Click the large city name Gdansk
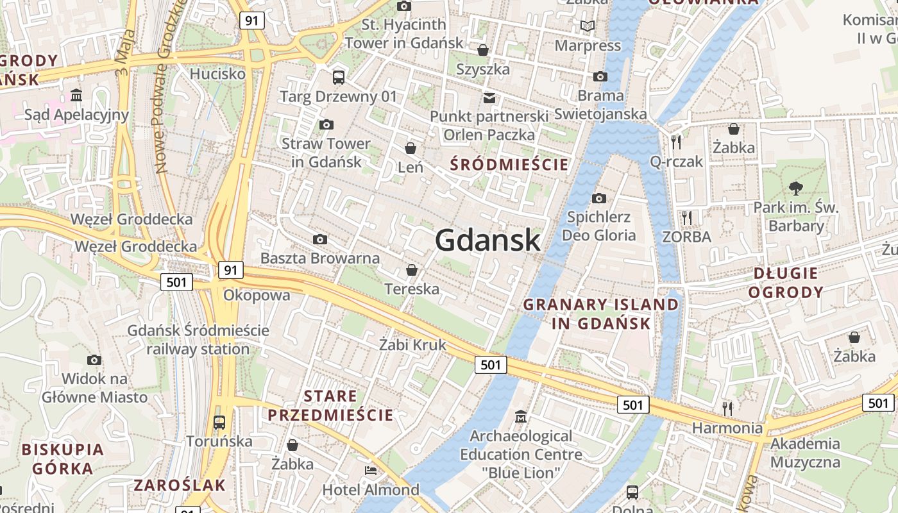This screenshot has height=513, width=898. [487, 240]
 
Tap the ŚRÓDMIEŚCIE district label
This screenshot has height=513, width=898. [509, 165]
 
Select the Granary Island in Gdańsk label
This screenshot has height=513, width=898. [601, 314]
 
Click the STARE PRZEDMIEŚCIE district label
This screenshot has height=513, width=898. [330, 405]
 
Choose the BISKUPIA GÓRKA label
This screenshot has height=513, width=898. [63, 458]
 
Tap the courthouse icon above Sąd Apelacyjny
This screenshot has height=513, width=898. [76, 96]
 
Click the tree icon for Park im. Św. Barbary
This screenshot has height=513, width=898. [796, 188]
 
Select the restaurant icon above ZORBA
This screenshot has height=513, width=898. [687, 217]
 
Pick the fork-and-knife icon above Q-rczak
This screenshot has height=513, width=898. [676, 142]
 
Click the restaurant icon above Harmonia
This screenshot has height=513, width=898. [727, 408]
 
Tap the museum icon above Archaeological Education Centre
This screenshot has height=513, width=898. [521, 417]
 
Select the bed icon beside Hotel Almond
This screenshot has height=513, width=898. [371, 471]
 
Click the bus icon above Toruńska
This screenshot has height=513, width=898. [219, 422]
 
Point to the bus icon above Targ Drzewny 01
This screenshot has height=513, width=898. [338, 78]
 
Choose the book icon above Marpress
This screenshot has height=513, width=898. [588, 26]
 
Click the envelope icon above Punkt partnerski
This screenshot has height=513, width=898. [489, 97]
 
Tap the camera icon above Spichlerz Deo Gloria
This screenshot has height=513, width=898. [599, 198]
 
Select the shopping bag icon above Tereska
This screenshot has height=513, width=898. [412, 270]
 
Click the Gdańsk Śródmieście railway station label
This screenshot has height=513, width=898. [198, 340]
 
